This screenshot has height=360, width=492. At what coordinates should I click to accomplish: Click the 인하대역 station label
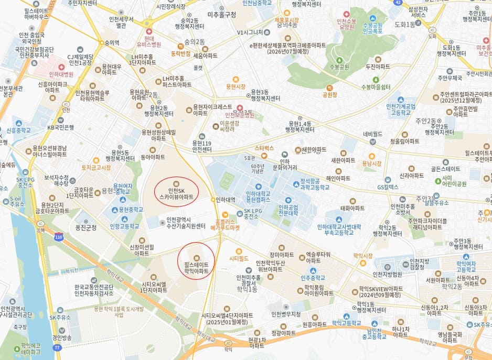[226, 200]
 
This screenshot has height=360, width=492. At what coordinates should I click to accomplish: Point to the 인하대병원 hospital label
[61, 74]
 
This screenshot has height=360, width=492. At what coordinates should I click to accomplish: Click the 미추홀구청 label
[222, 15]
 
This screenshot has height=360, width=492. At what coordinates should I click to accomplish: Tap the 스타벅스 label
[264, 148]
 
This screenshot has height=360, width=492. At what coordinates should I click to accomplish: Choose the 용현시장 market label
[236, 86]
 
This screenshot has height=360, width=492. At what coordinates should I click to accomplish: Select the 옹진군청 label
[86, 227]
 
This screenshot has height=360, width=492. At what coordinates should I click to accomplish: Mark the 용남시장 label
[371, 163]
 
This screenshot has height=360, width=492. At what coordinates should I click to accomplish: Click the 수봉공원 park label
[339, 67]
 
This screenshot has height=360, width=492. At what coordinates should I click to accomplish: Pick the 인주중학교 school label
[313, 278]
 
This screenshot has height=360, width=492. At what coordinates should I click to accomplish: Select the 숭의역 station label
[112, 43]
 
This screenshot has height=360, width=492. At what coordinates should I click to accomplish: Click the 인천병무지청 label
[286, 314]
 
